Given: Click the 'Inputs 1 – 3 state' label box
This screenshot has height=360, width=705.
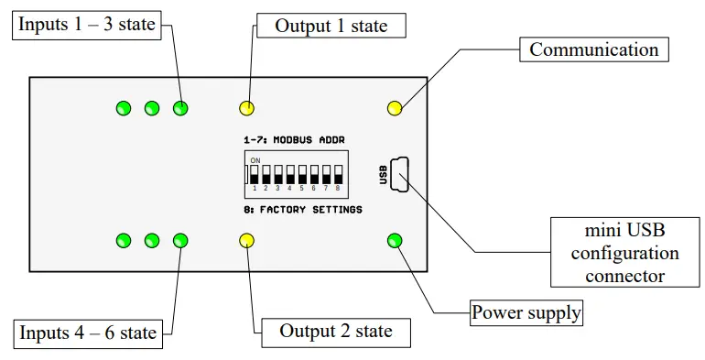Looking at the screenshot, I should (87, 25).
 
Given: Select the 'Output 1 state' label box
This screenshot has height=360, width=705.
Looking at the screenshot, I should (331, 25).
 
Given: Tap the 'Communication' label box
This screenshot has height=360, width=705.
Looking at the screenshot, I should (593, 49).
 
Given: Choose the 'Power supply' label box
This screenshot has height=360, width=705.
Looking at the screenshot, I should (526, 312).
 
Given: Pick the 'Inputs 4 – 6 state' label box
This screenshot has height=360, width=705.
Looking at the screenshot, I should (87, 332).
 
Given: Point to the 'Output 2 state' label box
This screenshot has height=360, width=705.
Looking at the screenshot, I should (335, 332).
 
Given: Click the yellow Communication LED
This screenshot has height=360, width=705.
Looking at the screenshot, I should (395, 108).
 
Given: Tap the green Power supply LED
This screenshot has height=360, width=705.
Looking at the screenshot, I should (395, 241).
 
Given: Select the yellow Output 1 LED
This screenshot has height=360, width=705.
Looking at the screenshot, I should (246, 108).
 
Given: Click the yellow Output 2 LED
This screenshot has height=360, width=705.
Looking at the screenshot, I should (246, 241).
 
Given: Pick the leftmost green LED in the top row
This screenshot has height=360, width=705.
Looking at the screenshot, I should (123, 108).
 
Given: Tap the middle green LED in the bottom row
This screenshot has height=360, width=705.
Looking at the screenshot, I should (152, 241).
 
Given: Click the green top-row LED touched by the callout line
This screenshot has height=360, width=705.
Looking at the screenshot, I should (180, 108).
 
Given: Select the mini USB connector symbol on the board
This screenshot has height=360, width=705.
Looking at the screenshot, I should (399, 175).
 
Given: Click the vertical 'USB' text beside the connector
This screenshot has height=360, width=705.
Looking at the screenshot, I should (383, 175).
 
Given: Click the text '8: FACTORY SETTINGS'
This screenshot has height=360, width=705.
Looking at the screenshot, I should (303, 210).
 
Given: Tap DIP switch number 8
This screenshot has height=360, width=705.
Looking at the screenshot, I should (337, 174).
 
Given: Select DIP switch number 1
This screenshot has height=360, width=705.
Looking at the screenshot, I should (255, 174).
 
